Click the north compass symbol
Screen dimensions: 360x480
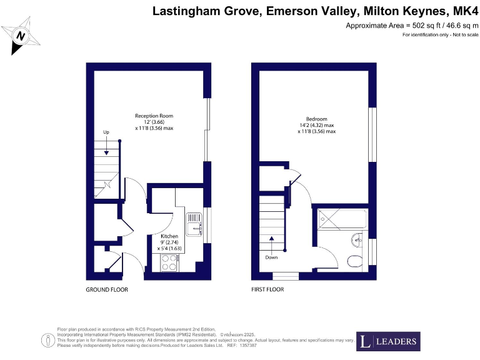[x=21, y=37]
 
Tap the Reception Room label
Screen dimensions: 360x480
[x=154, y=116]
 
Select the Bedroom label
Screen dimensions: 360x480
[x=316, y=119]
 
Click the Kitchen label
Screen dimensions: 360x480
[x=169, y=236]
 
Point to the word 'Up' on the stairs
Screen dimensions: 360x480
[x=106, y=132]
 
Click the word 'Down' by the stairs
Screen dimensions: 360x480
[x=272, y=257]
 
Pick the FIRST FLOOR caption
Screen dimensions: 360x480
[x=267, y=290]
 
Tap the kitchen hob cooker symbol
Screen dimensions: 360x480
[x=169, y=263]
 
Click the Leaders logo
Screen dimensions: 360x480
[x=387, y=341]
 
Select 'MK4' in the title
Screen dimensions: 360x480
[x=464, y=11]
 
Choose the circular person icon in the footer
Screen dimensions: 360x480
[x=47, y=340]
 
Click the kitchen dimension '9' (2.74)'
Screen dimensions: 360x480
[x=169, y=242]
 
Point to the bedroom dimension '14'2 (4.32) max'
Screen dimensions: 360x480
[x=317, y=125]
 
